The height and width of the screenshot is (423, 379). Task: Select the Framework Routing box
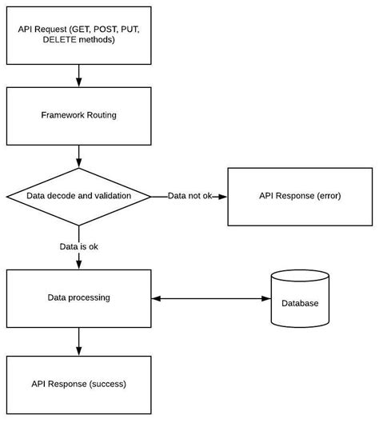(78, 115)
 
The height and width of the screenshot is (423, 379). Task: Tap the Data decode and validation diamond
(78, 195)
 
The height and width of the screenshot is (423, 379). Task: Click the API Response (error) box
(300, 196)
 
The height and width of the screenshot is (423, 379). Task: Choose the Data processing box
(78, 298)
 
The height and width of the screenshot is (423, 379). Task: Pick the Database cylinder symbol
(300, 299)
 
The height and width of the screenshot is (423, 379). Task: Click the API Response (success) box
(78, 384)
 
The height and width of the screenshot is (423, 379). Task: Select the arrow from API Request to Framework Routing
(78, 76)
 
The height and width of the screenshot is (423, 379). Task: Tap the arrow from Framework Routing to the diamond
(78, 156)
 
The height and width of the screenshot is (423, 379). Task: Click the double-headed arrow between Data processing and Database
(210, 298)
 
